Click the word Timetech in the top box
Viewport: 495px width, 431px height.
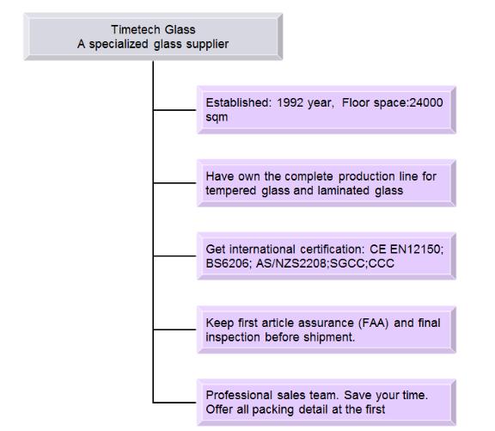(x=136, y=30)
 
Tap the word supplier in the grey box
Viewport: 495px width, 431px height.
(x=207, y=44)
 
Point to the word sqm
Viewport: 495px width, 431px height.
(x=217, y=118)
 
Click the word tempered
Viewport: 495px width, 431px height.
(x=231, y=191)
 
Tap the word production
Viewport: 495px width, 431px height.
(x=366, y=176)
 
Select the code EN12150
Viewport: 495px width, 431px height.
(x=417, y=249)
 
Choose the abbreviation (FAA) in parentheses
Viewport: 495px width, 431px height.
(x=374, y=323)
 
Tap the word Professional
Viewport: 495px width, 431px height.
(x=239, y=395)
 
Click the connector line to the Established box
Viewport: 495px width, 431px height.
(x=174, y=110)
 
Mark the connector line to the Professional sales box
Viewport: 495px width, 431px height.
(x=174, y=403)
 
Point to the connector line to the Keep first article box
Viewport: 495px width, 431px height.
(x=174, y=329)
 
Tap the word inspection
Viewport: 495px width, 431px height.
(x=234, y=337)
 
